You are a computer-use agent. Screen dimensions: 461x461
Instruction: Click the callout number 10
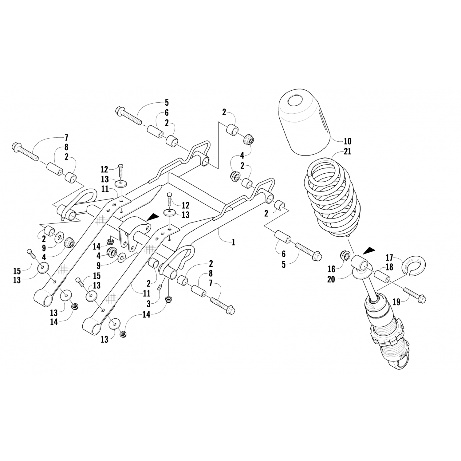click(x=348, y=142)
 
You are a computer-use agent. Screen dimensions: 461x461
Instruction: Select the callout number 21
click(x=348, y=152)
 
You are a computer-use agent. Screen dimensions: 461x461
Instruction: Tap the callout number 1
click(x=234, y=242)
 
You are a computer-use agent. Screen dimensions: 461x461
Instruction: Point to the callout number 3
click(x=148, y=305)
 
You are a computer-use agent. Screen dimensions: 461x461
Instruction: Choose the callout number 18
click(x=389, y=267)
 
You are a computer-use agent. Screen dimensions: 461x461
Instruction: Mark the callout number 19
click(x=396, y=302)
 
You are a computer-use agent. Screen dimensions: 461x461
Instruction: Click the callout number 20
click(x=331, y=280)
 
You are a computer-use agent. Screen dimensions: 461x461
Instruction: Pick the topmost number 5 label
click(x=167, y=103)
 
